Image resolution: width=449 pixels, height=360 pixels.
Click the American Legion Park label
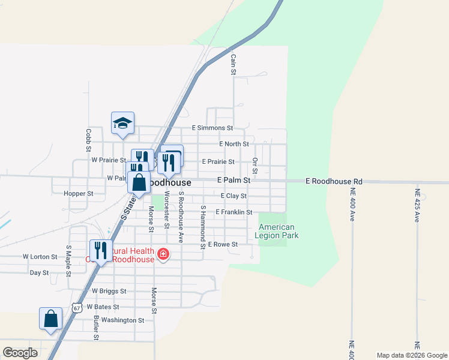(x=277, y=231)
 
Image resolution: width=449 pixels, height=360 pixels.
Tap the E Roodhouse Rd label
(x=334, y=181)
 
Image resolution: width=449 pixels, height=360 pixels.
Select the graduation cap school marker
(x=122, y=123)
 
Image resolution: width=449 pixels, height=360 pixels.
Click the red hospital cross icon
(x=162, y=255)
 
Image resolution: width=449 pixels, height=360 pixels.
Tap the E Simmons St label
(x=212, y=128)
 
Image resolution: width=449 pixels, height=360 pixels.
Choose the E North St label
(x=234, y=144)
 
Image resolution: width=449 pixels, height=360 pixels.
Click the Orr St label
(x=255, y=166)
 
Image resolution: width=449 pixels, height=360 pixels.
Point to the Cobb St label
(x=88, y=139)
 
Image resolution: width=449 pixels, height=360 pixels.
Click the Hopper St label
(x=79, y=194)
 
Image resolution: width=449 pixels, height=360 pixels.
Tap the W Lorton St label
(x=40, y=256)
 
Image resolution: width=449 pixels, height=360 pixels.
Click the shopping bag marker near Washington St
(x=51, y=319)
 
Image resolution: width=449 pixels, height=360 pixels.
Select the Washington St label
(x=122, y=320)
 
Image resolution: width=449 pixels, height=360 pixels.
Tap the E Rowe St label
(x=223, y=244)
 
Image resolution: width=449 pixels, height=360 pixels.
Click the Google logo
(x=20, y=352)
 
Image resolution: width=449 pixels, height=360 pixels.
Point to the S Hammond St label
(x=203, y=227)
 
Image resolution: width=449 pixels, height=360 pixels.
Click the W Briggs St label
(x=109, y=291)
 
